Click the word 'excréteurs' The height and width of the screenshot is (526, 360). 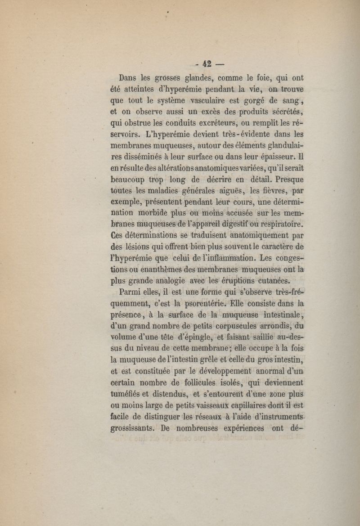click(x=195, y=123)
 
